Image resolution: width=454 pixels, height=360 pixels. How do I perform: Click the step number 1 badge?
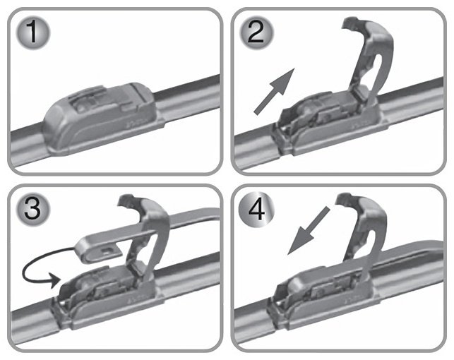[32, 32]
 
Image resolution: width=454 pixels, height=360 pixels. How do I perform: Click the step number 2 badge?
[256, 32]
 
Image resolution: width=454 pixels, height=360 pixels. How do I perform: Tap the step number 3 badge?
[32, 209]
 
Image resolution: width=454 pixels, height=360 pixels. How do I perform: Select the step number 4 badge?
[256, 209]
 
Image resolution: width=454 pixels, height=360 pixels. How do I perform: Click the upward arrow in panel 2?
[274, 92]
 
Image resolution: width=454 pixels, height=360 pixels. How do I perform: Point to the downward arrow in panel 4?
[309, 230]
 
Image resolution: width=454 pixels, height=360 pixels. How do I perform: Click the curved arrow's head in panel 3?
[55, 280]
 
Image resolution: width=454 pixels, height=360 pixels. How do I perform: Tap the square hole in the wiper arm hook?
[109, 250]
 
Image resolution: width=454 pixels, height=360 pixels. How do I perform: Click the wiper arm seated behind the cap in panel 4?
[411, 255]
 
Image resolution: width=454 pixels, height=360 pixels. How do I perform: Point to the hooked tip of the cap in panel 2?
[350, 23]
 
